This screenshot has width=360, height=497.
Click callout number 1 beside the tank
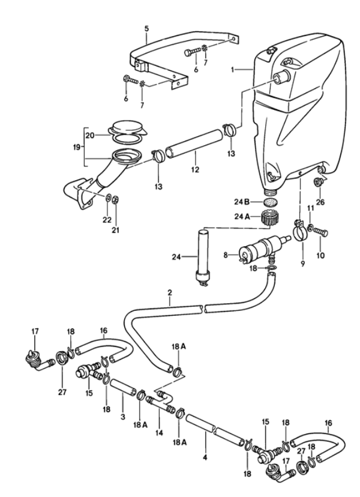pos(236,69)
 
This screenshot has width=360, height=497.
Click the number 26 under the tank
pos(319,202)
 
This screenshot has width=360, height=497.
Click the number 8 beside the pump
pos(225,255)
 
